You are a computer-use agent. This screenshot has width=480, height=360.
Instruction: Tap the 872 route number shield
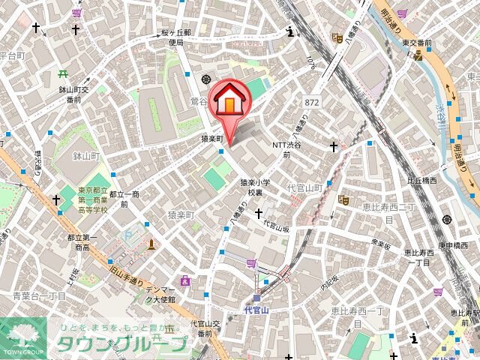point(313,101)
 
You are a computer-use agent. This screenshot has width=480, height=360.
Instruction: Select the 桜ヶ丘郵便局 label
point(175,38)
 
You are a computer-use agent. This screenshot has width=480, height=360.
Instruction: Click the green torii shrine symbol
point(63,75)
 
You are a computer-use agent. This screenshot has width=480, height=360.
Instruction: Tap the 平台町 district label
point(12,55)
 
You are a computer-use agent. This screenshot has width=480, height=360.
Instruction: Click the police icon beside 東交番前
point(418,55)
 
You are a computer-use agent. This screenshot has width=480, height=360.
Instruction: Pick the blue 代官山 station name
point(256,308)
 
